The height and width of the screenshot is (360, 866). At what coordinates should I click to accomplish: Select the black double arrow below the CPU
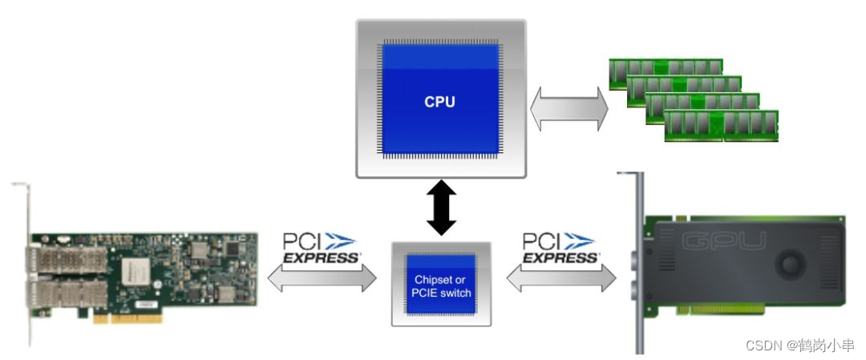[440, 208]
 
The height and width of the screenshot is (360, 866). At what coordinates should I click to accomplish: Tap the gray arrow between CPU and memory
[569, 109]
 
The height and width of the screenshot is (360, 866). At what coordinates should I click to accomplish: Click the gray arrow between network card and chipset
[322, 279]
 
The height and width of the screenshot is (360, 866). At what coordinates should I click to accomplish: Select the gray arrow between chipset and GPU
[560, 279]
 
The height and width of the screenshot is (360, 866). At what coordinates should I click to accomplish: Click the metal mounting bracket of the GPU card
[640, 265]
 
